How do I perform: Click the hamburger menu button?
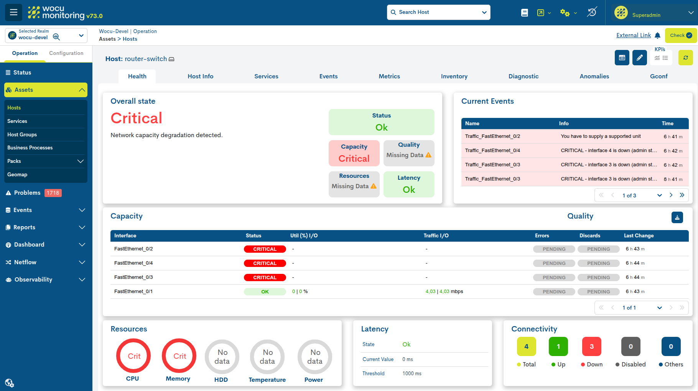click(13, 12)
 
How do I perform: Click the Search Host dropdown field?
click(438, 12)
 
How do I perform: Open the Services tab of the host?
click(266, 76)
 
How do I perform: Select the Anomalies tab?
click(594, 76)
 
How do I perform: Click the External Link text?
click(634, 35)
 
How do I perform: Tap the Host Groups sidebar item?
click(22, 134)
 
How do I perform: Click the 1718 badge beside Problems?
click(53, 193)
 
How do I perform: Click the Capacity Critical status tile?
click(354, 153)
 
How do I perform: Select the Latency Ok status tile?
click(409, 184)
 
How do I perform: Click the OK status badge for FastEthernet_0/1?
click(265, 292)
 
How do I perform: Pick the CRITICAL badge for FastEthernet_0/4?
click(265, 263)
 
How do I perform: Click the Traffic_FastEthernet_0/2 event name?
click(492, 136)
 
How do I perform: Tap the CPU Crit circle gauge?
click(133, 340)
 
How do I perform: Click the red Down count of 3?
click(592, 346)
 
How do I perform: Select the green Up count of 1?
click(558, 346)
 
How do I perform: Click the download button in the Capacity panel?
click(677, 217)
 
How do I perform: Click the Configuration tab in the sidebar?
click(66, 53)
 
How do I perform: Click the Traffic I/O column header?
click(436, 236)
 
